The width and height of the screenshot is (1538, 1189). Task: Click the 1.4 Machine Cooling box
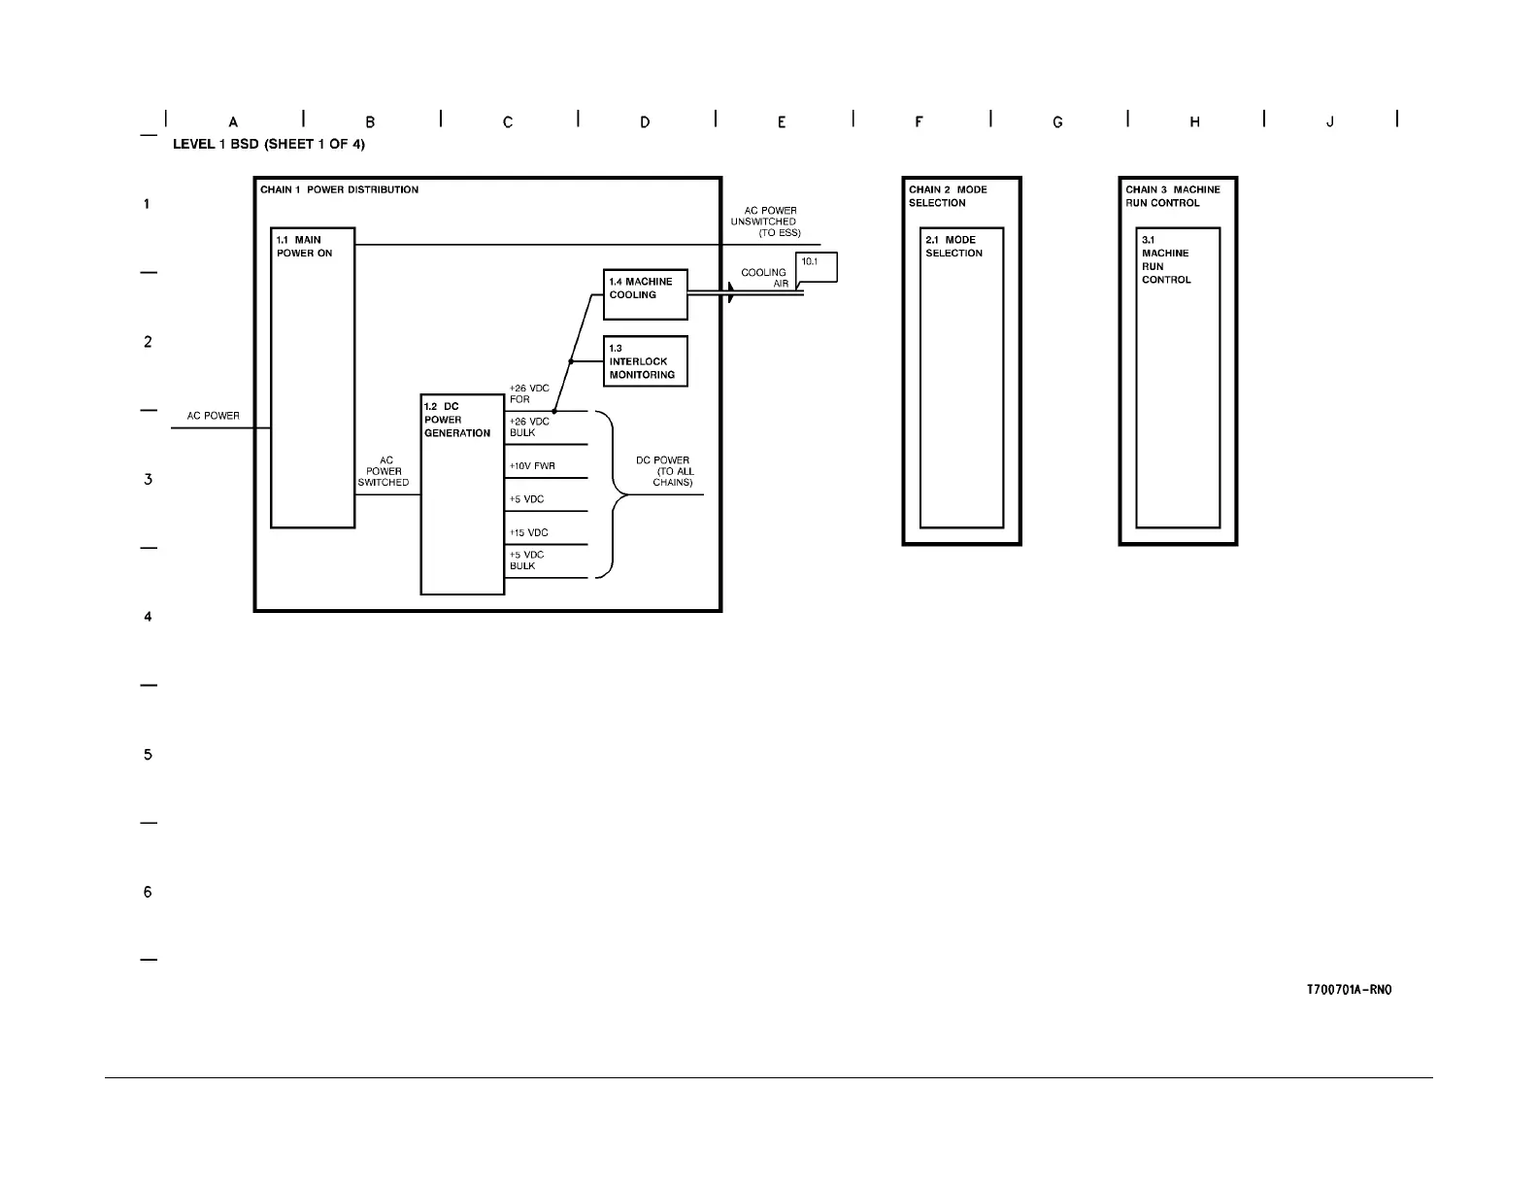645,294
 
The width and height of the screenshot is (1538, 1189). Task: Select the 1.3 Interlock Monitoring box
645,361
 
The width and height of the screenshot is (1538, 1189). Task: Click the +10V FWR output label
532,466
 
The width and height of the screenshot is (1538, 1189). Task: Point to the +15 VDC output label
529,532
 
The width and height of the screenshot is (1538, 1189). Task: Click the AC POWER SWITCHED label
384,471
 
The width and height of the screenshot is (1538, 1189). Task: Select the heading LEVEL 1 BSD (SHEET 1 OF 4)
269,144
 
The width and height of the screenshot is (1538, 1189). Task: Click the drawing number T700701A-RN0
1349,991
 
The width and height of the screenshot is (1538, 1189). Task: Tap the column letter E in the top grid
782,122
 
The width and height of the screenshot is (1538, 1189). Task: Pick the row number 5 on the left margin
148,755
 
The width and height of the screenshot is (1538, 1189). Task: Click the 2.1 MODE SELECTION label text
953,247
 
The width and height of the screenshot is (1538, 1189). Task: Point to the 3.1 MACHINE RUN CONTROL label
1165,259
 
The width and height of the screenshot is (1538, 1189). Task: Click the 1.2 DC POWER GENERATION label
457,420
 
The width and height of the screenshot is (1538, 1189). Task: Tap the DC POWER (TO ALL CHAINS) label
665,471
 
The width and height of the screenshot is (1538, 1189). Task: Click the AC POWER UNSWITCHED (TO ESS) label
766,221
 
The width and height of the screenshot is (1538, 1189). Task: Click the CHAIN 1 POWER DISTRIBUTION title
339,189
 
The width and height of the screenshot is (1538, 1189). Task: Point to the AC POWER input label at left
214,416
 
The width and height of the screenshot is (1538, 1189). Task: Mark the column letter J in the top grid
1330,122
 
